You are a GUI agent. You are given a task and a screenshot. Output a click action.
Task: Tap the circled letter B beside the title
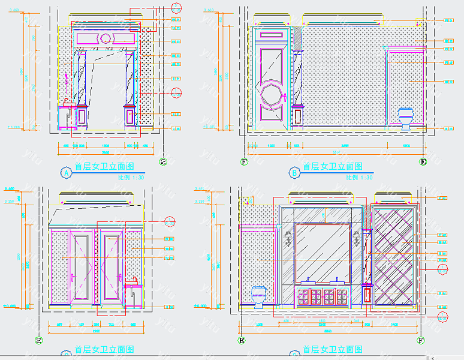tap(294, 173)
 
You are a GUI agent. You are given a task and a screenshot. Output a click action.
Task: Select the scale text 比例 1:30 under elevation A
tap(131, 178)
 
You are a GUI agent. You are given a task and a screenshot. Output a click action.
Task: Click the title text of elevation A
tap(104, 167)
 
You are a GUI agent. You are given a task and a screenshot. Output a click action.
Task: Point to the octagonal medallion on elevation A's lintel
tap(106, 39)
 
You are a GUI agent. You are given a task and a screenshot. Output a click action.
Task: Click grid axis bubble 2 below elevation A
tap(162, 161)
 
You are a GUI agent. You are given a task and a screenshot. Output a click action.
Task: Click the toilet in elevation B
tap(406, 118)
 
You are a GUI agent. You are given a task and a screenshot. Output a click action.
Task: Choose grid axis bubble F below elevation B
tap(243, 161)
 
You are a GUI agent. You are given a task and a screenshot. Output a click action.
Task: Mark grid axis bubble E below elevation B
tap(423, 161)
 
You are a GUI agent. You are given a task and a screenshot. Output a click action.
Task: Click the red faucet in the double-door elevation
tap(134, 280)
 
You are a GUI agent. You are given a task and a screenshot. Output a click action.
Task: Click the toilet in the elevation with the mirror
tap(259, 296)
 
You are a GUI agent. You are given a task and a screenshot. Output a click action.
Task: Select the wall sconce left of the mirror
tap(288, 239)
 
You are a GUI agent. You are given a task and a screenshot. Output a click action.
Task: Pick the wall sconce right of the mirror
tap(357, 239)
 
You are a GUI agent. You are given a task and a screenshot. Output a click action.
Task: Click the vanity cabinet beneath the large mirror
tap(323, 296)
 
